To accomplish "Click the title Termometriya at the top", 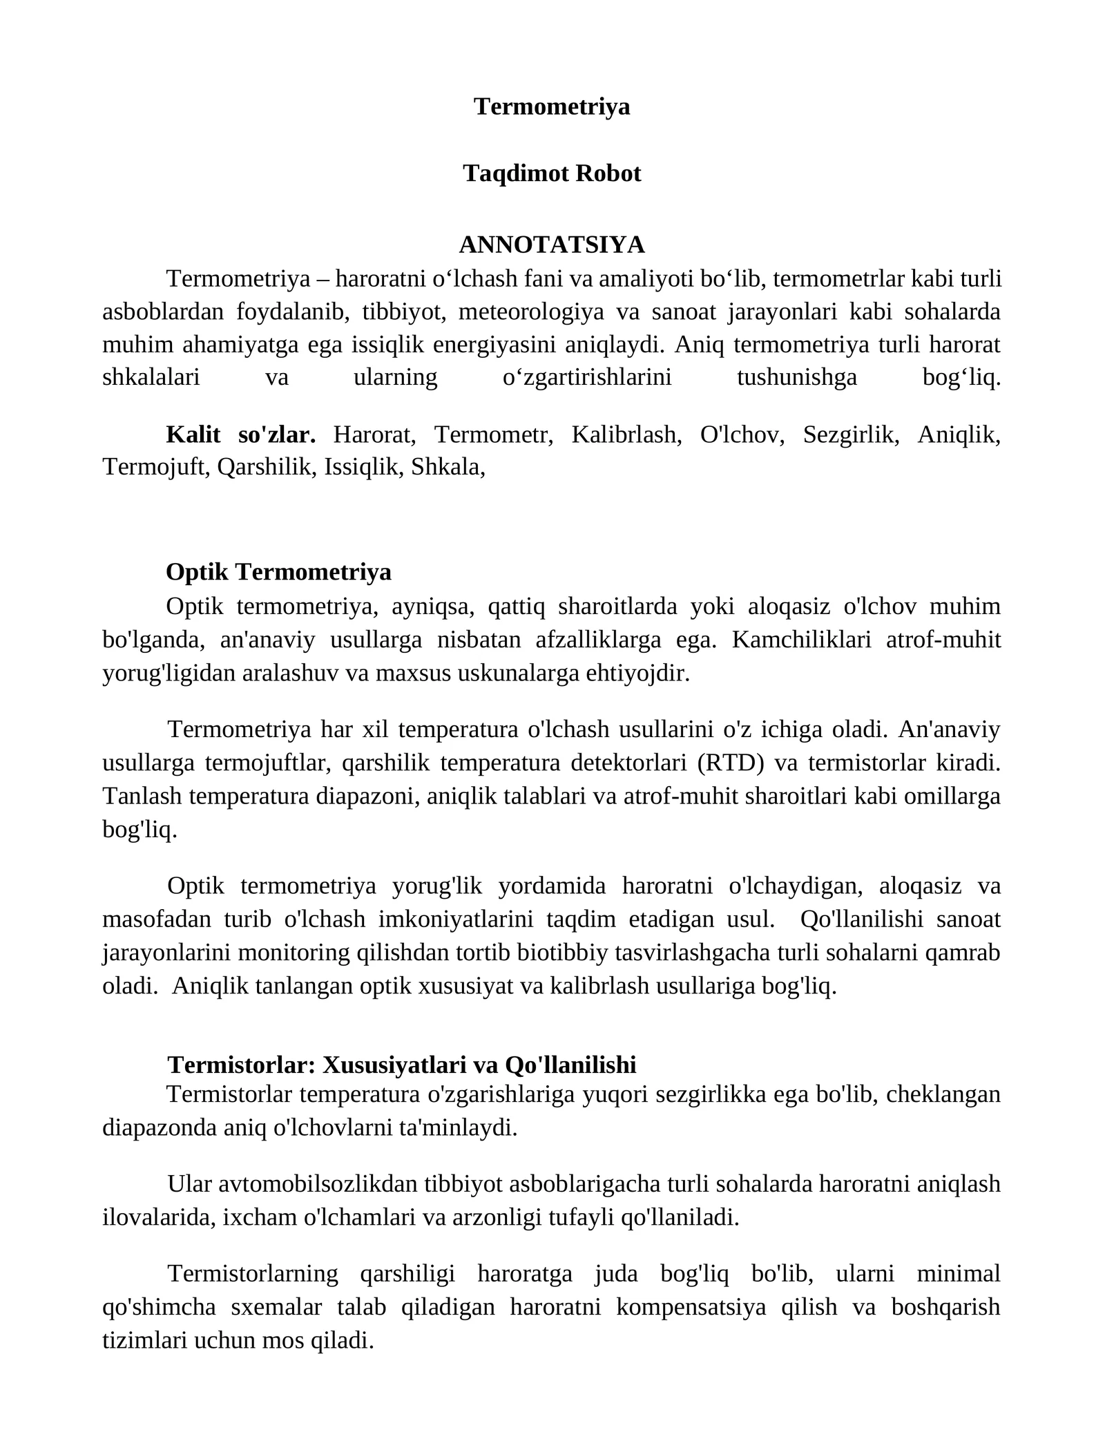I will point(552,106).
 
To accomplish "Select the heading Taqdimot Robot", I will point(552,173).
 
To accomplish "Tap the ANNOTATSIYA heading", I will point(552,245).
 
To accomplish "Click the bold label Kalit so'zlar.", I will point(240,435).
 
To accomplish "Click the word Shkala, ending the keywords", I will point(448,468).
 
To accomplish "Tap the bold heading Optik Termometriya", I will point(278,572).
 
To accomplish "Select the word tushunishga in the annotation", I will point(796,378).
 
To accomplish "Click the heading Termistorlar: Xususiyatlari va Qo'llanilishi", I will point(401,1065).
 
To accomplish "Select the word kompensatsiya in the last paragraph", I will point(691,1307).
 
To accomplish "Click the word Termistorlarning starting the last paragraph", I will point(253,1273).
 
